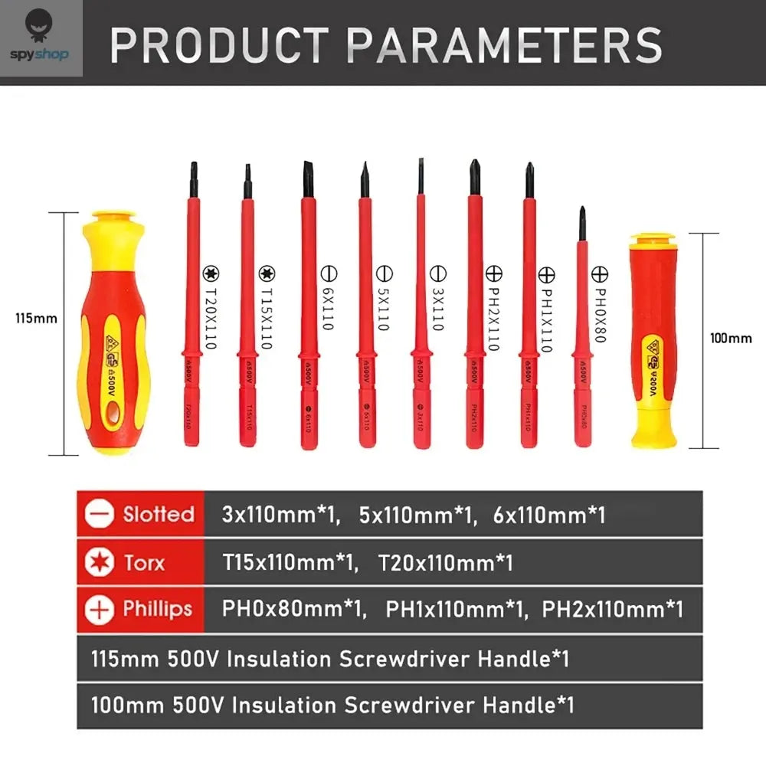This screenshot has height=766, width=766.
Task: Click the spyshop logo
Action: [41, 38]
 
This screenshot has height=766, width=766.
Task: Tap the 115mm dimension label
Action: [36, 317]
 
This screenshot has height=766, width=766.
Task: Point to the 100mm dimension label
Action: [731, 337]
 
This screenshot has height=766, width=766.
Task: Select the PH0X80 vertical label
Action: [601, 306]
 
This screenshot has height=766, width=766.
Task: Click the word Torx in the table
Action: [144, 564]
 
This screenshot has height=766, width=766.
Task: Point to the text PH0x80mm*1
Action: [292, 610]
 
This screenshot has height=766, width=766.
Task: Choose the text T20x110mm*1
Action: [445, 564]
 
